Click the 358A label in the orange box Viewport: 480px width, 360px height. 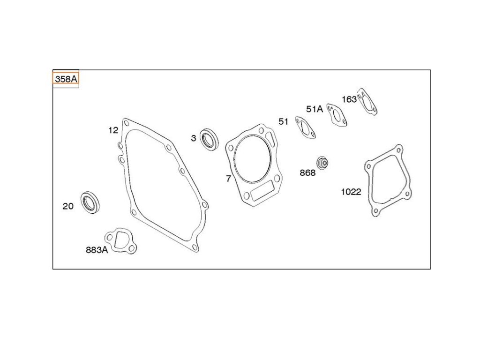tap(66, 79)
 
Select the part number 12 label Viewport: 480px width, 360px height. tap(113, 130)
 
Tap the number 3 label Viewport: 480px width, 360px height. tap(194, 138)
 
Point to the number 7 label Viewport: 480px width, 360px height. tap(228, 179)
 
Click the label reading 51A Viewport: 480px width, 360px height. tap(315, 109)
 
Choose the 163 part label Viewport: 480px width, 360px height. tap(349, 99)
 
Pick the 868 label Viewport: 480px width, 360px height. tap(308, 172)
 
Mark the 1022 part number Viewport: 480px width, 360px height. tap(351, 192)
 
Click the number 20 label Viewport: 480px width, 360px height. tap(68, 206)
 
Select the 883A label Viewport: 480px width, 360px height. tap(97, 250)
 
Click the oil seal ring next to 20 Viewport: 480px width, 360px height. tap(91, 202)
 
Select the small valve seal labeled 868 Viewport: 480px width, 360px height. tap(322, 163)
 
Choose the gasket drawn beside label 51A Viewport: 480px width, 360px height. tap(336, 115)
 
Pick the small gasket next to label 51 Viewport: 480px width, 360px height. tap(305, 127)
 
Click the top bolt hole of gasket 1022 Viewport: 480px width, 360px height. tap(398, 150)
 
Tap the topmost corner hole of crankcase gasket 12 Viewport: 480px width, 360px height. tap(126, 123)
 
